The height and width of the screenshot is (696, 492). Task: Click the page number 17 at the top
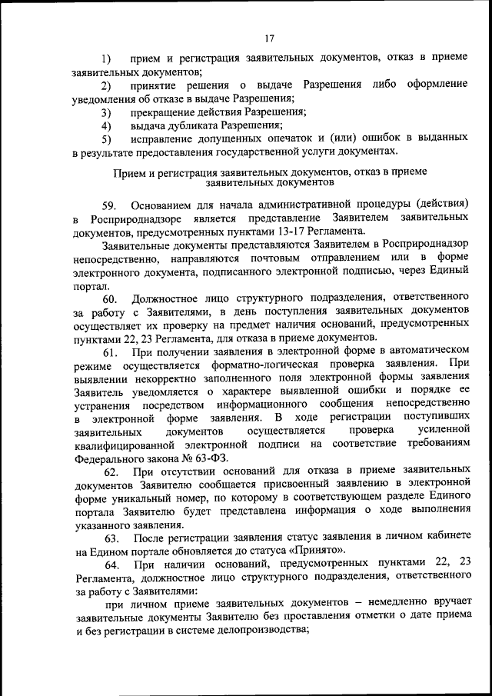[269, 39]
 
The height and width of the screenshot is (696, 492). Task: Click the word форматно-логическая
[256, 365]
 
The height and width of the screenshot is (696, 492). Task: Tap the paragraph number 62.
[111, 472]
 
